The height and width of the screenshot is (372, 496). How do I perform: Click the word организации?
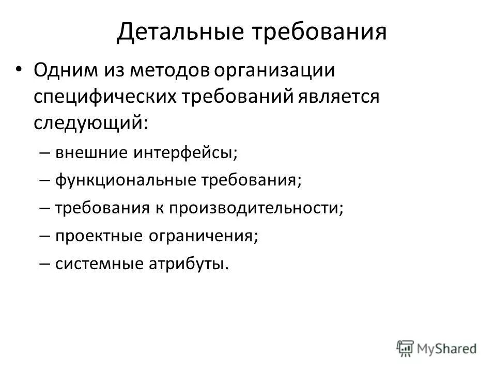click(274, 71)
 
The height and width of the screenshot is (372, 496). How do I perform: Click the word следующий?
click(91, 123)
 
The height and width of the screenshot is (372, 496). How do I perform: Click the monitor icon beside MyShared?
click(406, 348)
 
